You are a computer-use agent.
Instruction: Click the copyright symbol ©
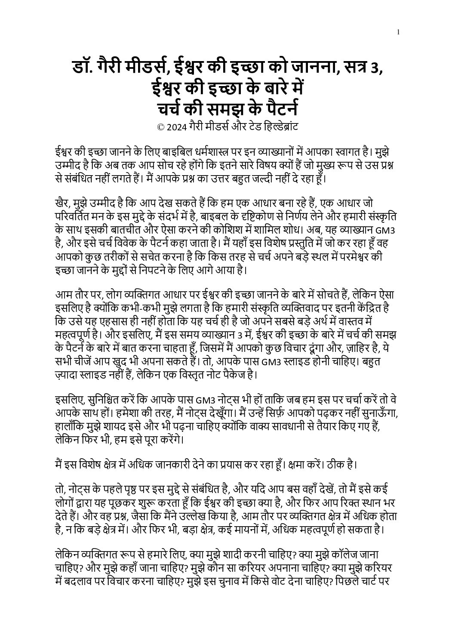click(x=161, y=127)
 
